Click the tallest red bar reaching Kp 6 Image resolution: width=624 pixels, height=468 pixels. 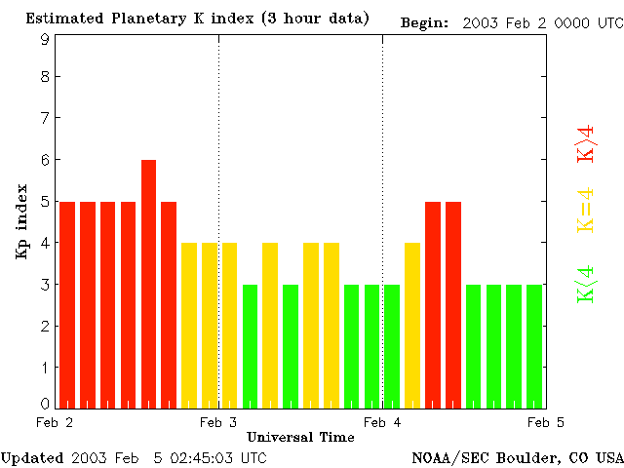[148, 283]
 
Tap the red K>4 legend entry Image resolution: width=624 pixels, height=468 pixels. [586, 143]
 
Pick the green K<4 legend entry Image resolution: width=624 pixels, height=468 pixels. [586, 284]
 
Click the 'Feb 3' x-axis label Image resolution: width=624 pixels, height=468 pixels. [218, 422]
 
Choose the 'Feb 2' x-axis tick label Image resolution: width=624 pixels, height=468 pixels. [55, 422]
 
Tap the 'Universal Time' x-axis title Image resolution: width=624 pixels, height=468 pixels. [300, 437]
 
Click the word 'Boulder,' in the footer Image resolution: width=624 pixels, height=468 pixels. [528, 457]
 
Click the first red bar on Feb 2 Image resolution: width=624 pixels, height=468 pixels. [67, 304]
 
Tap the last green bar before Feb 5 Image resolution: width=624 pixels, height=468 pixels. [533, 346]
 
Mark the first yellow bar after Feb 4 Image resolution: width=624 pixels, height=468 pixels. [411, 325]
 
